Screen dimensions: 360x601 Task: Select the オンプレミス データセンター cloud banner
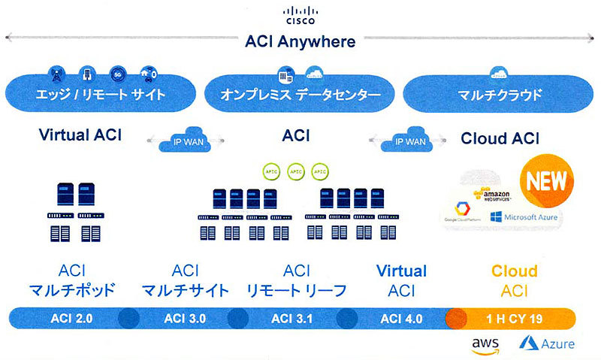[300, 95]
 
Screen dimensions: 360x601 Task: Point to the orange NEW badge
[545, 181]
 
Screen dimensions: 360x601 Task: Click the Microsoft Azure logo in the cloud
[524, 217]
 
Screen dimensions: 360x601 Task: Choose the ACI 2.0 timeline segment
[72, 318]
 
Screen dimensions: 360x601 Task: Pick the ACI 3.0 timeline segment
[184, 318]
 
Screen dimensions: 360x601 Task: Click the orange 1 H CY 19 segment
[513, 318]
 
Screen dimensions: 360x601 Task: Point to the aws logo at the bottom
[486, 344]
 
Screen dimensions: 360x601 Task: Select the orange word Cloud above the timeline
[514, 271]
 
